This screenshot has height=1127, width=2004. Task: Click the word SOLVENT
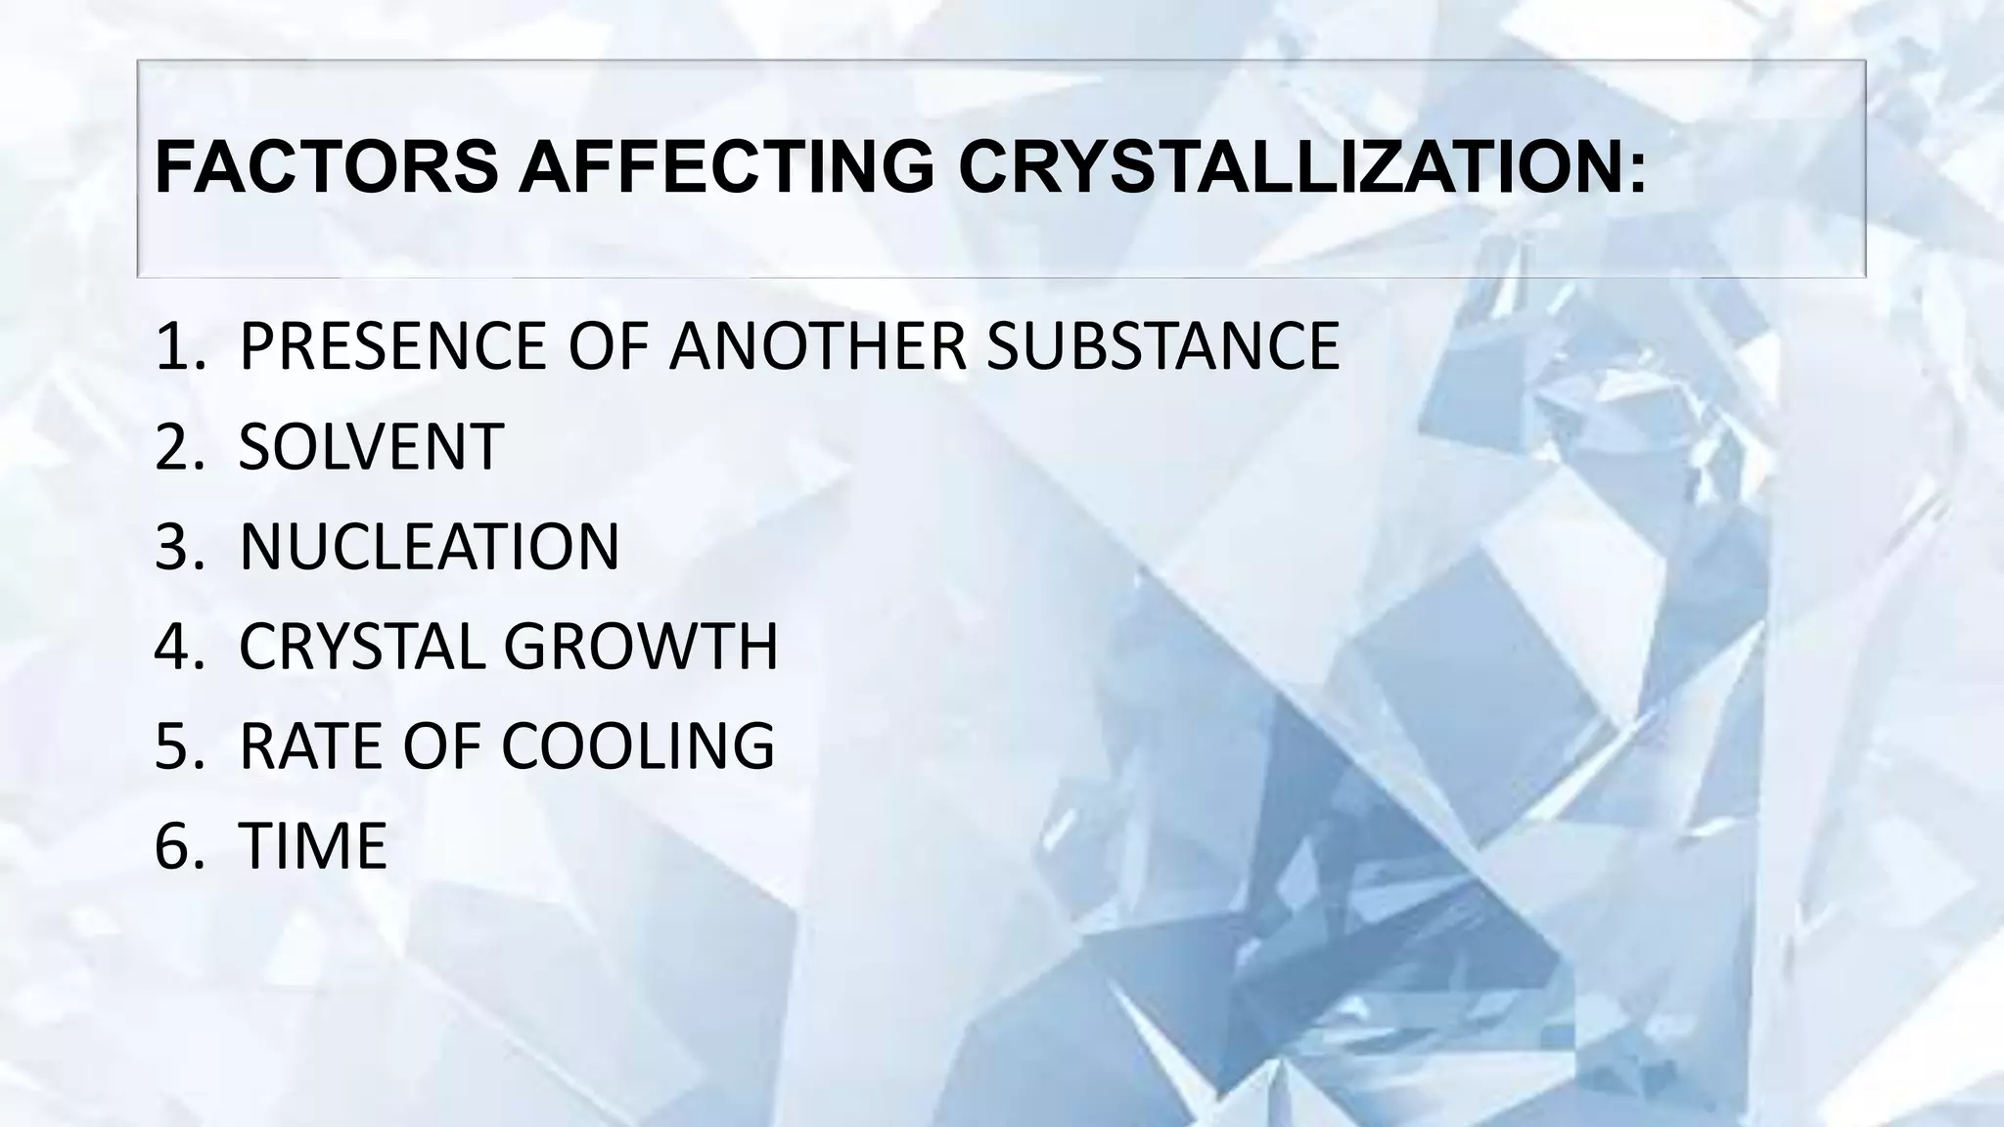point(371,446)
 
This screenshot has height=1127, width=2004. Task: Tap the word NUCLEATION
point(429,546)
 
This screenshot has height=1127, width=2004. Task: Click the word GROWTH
point(640,646)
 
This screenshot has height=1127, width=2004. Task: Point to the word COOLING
point(637,745)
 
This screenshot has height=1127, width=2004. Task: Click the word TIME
point(313,845)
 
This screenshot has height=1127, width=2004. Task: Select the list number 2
point(172,446)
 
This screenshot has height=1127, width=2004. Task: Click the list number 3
point(172,546)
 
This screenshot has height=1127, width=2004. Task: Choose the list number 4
point(172,646)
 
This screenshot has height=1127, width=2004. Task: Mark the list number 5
point(172,745)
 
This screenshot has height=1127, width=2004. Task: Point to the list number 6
point(172,845)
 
